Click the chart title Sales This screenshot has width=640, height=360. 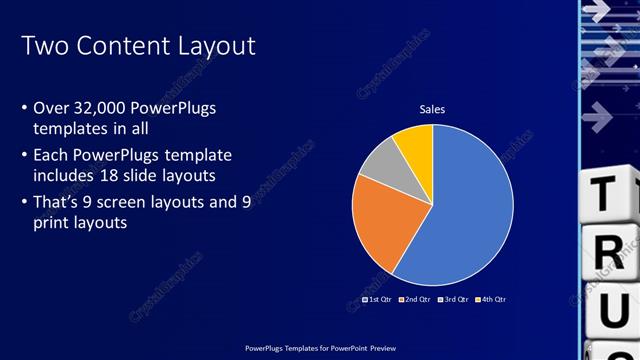[x=432, y=109]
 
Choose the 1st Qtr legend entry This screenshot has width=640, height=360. [x=376, y=299]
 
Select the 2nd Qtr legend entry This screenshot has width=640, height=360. [x=414, y=299]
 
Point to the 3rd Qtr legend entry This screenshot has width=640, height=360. [x=452, y=299]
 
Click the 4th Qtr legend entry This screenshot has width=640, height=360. [x=490, y=299]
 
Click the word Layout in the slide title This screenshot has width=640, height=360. [x=214, y=46]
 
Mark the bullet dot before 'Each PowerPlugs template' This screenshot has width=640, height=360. [x=24, y=156]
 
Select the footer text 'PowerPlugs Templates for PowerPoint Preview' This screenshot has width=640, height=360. [x=320, y=349]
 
